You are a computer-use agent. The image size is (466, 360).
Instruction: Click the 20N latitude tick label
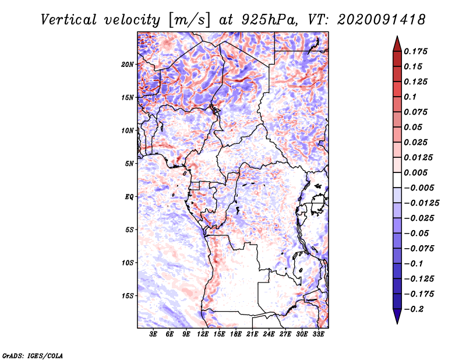[128, 65]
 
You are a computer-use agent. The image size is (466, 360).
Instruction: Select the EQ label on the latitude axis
[129, 197]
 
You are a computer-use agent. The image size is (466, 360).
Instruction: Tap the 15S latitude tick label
[128, 296]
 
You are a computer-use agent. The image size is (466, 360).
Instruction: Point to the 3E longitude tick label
[153, 334]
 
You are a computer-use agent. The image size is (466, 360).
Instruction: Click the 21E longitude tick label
[252, 334]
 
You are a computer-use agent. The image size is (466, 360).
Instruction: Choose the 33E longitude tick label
[318, 334]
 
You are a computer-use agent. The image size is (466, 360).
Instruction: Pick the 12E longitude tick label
[202, 334]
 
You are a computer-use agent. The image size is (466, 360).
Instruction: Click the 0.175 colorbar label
[415, 51]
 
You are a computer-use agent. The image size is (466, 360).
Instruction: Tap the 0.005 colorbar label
[415, 172]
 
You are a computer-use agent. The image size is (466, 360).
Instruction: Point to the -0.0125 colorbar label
[421, 203]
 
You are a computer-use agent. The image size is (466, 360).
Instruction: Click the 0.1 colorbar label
[410, 97]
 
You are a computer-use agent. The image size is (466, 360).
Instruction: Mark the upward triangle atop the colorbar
[397, 44]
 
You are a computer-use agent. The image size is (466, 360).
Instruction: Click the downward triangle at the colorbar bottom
[397, 316]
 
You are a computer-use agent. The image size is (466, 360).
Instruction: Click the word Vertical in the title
[68, 20]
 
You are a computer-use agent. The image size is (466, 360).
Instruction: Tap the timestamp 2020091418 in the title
[382, 20]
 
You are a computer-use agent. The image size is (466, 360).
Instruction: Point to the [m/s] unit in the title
[189, 20]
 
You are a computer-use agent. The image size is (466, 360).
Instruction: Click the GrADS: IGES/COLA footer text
[33, 355]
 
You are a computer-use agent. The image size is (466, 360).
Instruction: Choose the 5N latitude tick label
[129, 164]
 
